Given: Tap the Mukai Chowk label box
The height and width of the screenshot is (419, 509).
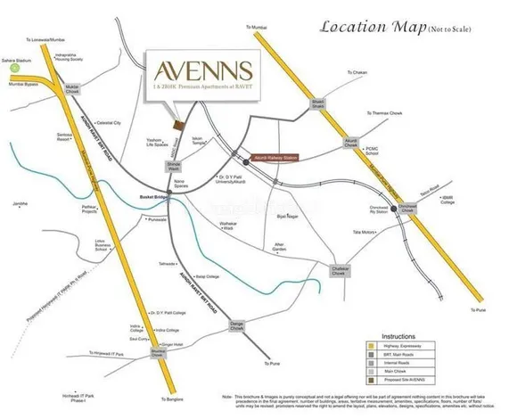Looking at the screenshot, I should (x=73, y=87).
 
